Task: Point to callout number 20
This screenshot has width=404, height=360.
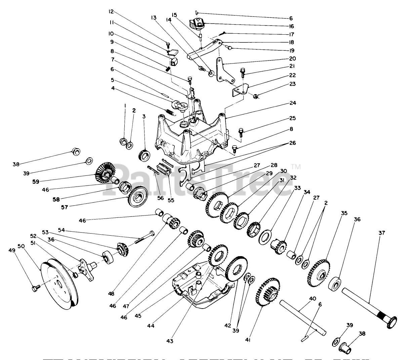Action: [292, 58]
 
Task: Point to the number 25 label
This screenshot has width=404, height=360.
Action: [292, 118]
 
